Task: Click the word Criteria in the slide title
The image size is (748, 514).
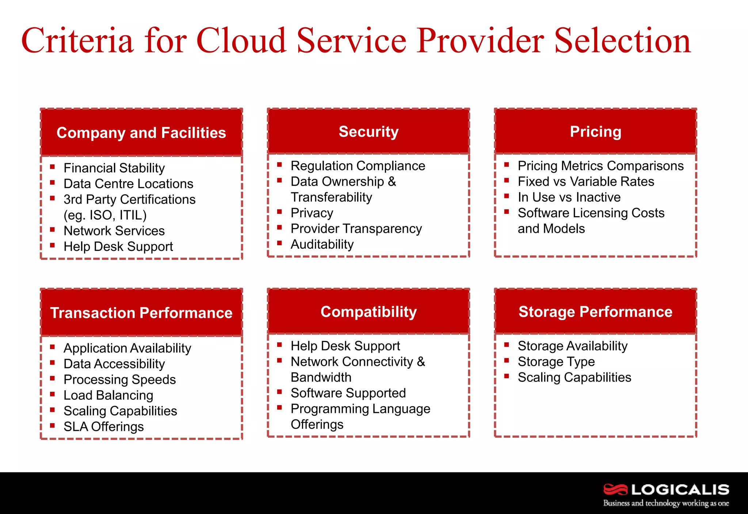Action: pos(77,41)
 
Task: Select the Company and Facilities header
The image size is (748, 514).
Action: pos(141,133)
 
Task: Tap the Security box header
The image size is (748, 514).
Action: pos(369,132)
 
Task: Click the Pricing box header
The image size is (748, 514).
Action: pos(595,132)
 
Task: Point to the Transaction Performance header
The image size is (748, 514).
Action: pos(141,313)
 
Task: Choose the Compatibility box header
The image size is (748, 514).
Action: pos(369,312)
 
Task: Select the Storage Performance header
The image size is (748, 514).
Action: pos(595,312)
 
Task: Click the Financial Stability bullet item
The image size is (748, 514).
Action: pos(114,168)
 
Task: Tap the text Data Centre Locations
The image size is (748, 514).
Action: pos(128,184)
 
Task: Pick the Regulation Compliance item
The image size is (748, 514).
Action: pos(358,166)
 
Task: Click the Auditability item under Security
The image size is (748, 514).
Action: pos(322,244)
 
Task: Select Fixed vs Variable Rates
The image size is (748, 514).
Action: pos(585,181)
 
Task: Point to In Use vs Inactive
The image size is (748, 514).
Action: pos(569,197)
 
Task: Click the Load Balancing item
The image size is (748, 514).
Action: pos(108,395)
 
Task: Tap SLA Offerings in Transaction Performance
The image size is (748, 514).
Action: pos(103,427)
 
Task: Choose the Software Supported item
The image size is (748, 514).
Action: pos(348,393)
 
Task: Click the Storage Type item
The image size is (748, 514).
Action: pos(556,362)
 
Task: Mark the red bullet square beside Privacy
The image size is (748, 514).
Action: pos(279,211)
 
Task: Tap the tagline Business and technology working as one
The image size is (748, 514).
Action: pos(666,503)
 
